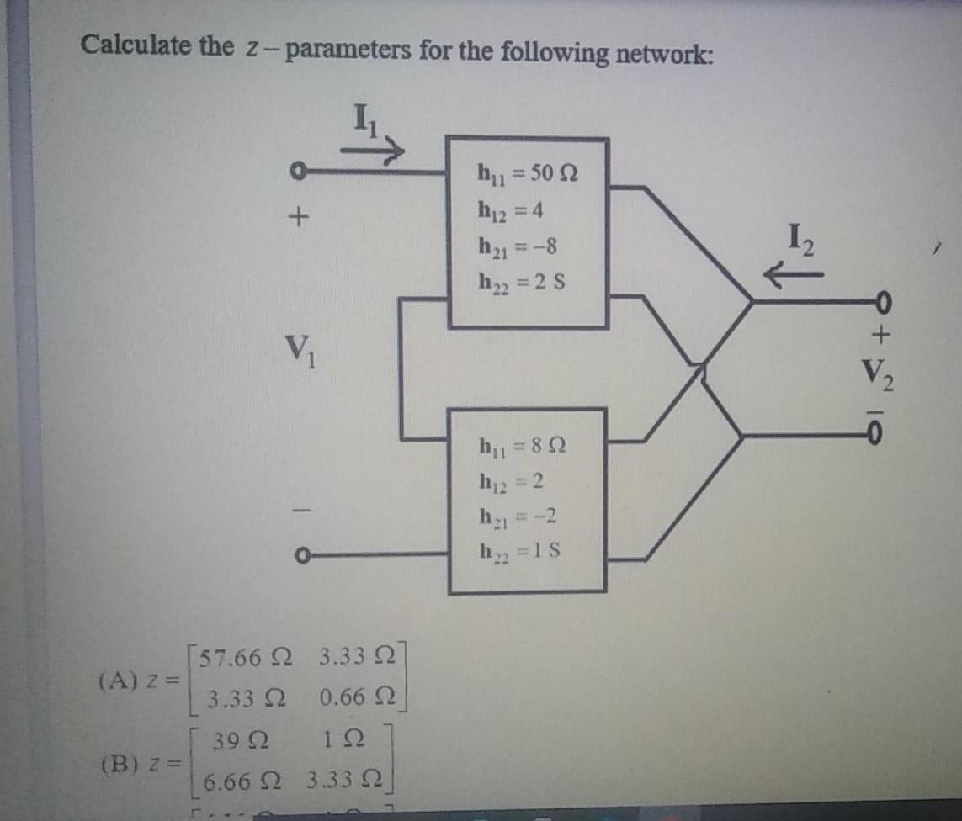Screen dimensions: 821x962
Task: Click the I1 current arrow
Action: click(373, 150)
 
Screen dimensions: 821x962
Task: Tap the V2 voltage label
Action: click(880, 373)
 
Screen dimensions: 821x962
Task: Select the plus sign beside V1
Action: click(295, 218)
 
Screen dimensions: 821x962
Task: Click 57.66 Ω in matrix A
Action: click(244, 659)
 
